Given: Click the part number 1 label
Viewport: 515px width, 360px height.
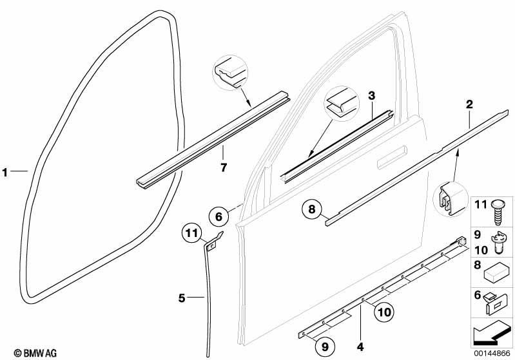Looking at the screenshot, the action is [5, 172].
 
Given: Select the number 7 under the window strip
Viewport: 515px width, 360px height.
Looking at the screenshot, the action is [224, 167].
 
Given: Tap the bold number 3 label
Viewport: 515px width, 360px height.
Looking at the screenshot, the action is [371, 96].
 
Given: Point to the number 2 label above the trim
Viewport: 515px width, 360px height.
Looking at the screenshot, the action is [469, 104].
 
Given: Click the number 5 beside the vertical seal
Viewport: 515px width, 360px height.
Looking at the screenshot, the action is [182, 298].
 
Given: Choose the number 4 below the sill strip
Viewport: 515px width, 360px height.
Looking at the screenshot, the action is [360, 346].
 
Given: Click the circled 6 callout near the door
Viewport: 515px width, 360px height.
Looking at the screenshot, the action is [219, 216].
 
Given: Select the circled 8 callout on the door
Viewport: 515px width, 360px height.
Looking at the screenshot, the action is [312, 209].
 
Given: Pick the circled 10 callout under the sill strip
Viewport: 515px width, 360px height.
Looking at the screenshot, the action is [384, 312].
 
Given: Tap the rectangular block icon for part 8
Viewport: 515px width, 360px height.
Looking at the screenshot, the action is [496, 272].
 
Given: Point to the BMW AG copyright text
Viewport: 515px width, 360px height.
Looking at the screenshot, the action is [35, 353].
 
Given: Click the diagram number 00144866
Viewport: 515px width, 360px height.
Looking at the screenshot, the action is [492, 354].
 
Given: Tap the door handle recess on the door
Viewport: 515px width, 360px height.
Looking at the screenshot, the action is [392, 158].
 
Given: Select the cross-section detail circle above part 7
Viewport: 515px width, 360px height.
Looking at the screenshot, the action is [230, 73].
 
